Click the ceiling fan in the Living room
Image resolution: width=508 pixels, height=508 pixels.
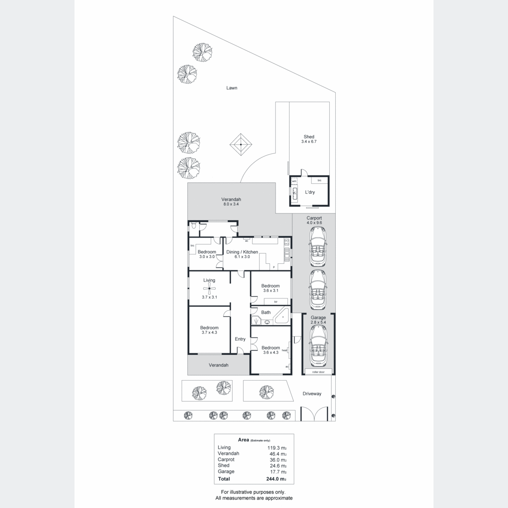209,288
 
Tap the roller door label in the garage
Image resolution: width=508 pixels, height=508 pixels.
318,372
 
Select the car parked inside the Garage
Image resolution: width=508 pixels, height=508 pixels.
318,346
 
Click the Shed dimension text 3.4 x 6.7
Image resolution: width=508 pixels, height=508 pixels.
309,141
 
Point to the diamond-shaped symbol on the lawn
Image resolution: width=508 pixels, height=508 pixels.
241,144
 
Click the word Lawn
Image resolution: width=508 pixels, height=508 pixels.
232,88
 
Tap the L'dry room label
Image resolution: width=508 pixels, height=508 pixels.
310,192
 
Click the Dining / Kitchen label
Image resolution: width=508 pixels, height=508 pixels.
242,252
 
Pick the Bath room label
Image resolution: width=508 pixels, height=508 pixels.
266,312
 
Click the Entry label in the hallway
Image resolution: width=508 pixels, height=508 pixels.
240,339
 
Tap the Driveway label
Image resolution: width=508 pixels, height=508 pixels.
312,394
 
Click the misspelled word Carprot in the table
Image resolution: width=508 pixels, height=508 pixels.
226,459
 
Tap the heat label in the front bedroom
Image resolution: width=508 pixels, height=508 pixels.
284,351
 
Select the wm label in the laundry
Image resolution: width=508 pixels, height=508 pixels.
294,181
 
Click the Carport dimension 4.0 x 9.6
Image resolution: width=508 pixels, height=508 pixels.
314,223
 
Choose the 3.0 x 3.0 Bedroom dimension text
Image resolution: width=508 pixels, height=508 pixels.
207,257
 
